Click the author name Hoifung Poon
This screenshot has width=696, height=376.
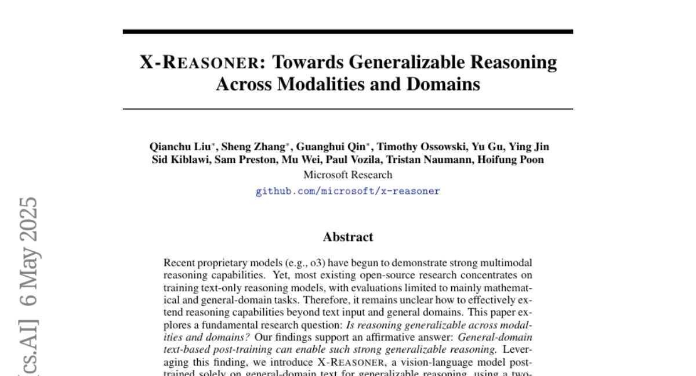point(510,160)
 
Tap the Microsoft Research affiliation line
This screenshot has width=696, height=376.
point(348,175)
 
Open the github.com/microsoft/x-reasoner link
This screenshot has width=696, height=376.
point(348,191)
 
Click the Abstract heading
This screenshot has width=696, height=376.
point(348,237)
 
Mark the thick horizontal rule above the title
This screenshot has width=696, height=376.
point(348,31)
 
